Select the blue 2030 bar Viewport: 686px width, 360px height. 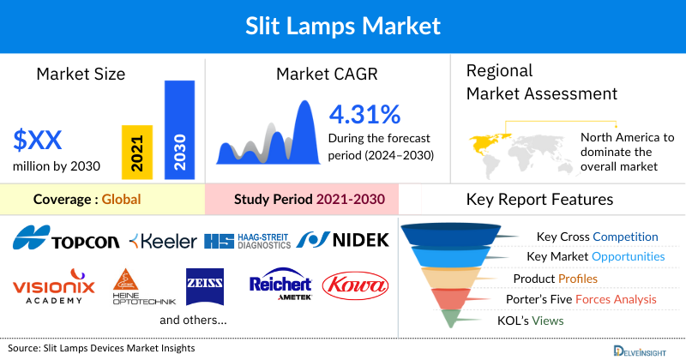[x=179, y=130]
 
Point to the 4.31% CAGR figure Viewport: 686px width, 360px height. [x=364, y=114]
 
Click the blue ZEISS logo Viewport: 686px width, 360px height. [x=205, y=284]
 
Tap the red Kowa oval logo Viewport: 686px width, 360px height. [x=355, y=285]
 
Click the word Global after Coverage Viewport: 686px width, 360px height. [x=121, y=200]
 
